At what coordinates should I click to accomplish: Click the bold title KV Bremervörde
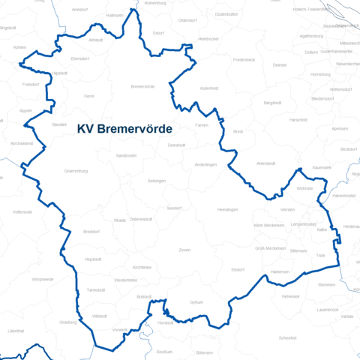pyautogui.click(x=124, y=129)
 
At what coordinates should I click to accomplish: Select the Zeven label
pyautogui.click(x=184, y=249)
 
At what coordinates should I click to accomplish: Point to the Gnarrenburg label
pyautogui.click(x=76, y=170)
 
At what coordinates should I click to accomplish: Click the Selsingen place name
pyautogui.click(x=157, y=181)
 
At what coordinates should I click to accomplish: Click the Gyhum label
pyautogui.click(x=196, y=301)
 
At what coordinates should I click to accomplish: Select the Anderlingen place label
pyautogui.click(x=205, y=164)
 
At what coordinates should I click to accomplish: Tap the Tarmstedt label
pyautogui.click(x=96, y=289)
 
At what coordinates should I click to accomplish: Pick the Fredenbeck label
pyautogui.click(x=244, y=58)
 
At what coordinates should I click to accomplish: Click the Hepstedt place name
pyautogui.click(x=93, y=259)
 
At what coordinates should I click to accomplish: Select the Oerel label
pyautogui.click(x=89, y=96)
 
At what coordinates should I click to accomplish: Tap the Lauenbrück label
pyautogui.click(x=328, y=310)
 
